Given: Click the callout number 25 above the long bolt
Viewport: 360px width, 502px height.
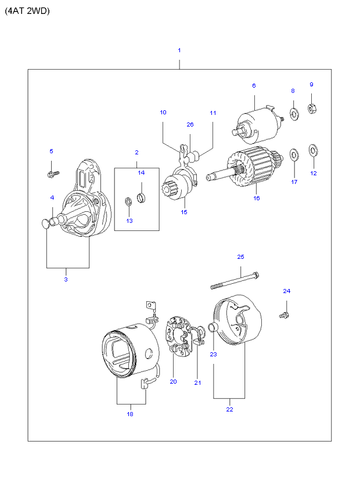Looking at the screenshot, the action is pos(240,257).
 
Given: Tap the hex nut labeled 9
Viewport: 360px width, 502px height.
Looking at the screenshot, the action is pos(312,108).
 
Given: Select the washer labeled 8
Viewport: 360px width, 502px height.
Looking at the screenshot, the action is pos(294,114).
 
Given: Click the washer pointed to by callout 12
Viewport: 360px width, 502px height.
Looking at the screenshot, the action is pos(313,150).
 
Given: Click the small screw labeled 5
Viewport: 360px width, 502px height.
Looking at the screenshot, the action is pos(53,174).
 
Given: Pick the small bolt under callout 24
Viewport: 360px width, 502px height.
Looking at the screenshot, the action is pos(284,316).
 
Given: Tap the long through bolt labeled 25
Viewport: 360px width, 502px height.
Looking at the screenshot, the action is pos(235,280).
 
